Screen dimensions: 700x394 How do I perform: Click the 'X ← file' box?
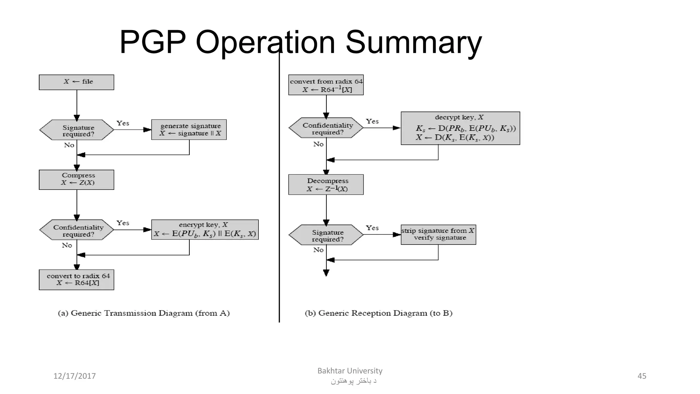pos(77,82)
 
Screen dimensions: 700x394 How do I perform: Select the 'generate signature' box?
pos(189,130)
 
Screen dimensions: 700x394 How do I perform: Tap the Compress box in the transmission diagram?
pos(77,180)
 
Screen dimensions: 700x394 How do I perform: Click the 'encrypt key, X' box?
pos(205,229)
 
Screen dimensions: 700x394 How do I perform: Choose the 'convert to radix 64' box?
pos(77,280)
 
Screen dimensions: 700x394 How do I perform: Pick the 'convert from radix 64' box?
pos(326,85)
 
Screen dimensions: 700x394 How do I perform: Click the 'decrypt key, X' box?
pos(460,128)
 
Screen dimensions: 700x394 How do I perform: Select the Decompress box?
pos(326,185)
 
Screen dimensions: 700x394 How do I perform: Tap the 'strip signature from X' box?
pos(438,235)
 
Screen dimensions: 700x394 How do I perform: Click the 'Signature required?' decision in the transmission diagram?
pos(77,130)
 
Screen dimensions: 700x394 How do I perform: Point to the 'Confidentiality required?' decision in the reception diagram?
pos(326,128)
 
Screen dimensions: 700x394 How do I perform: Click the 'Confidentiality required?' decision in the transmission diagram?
pos(77,230)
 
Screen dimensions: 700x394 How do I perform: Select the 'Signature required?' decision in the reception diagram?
pos(326,235)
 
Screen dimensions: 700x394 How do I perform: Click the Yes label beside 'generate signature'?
pos(123,123)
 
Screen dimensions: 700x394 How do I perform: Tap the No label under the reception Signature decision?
pos(318,250)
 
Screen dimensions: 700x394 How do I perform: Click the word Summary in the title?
pos(414,42)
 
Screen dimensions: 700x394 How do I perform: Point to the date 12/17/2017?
pos(75,376)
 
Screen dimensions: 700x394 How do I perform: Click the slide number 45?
pos(642,376)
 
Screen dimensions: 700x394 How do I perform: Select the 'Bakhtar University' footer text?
pos(350,371)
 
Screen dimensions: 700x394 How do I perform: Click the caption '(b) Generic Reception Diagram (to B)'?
pos(378,313)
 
